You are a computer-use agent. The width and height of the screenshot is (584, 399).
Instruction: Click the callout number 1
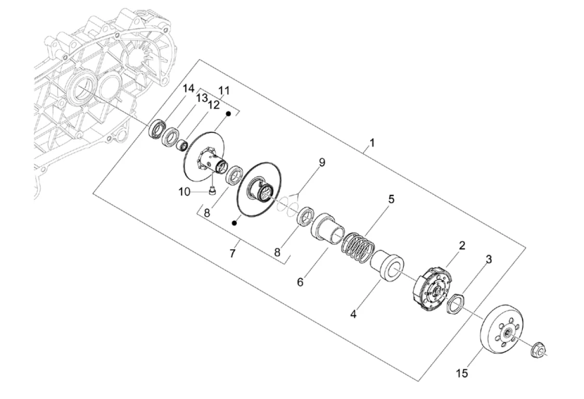coord(371,143)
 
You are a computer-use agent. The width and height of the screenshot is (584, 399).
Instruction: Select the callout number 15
coord(462,373)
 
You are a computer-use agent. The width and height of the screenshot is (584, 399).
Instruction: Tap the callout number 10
coord(184,192)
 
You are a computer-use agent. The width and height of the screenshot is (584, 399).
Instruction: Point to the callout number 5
coord(391,199)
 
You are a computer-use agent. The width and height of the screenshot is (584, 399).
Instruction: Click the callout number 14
coord(189,89)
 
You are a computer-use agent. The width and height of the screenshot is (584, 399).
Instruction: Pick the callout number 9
coord(322,163)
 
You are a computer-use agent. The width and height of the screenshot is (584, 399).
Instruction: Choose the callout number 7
coord(232,254)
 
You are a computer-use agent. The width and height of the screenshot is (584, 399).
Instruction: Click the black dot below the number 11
coord(230,113)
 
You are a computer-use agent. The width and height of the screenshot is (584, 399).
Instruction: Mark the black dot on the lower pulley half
coord(234,223)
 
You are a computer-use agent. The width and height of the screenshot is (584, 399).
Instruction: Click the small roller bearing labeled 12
coord(183,145)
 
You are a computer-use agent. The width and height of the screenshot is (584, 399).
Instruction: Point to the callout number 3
coord(488,259)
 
